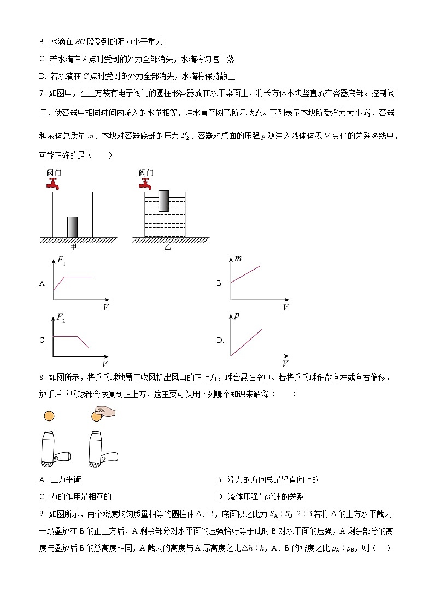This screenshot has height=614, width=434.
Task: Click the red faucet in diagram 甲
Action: tap(52, 184)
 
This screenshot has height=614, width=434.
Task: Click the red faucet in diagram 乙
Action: tap(145, 184)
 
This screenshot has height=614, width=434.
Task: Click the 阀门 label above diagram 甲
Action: tap(54, 172)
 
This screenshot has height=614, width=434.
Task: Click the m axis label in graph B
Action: tap(238, 258)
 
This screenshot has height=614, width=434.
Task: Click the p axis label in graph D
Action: tap(237, 316)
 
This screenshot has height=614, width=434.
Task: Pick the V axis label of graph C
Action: tap(105, 364)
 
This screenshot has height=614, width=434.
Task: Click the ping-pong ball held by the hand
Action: tap(97, 417)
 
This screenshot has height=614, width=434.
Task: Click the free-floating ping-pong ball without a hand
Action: tap(49, 417)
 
